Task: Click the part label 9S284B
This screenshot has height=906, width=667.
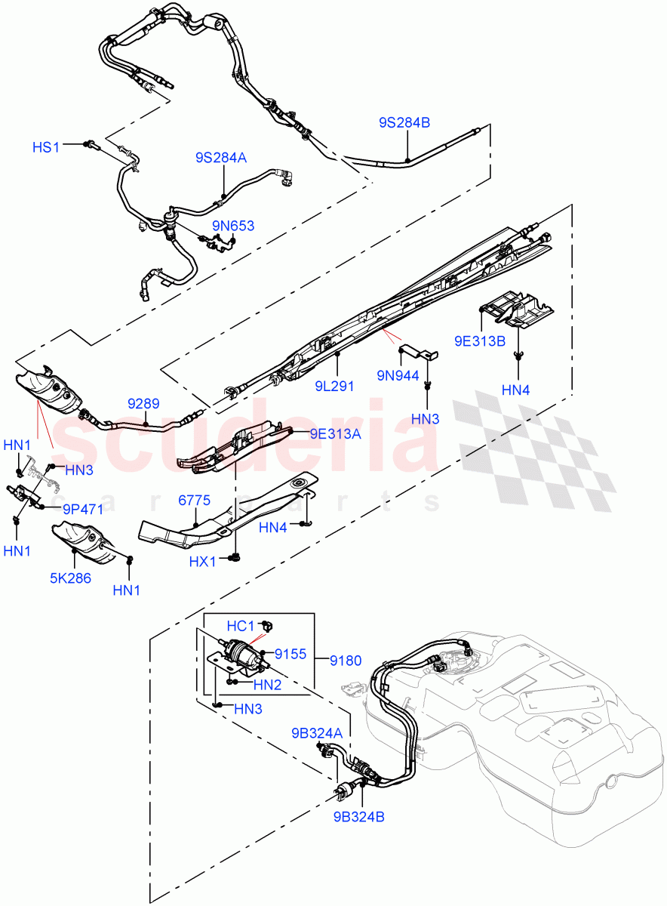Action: (404, 122)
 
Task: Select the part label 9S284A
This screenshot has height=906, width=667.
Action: (221, 157)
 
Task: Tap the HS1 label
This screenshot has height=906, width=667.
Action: (45, 146)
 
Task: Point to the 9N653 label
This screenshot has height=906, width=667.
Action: (232, 226)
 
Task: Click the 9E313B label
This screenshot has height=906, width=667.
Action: (480, 341)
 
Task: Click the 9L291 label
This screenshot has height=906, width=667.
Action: (336, 385)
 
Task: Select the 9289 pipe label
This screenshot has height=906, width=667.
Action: (142, 405)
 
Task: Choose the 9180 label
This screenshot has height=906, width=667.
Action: (344, 661)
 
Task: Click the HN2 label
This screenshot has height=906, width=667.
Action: (267, 685)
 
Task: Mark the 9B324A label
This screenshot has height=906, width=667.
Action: (318, 733)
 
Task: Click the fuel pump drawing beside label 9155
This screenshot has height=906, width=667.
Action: (241, 652)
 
